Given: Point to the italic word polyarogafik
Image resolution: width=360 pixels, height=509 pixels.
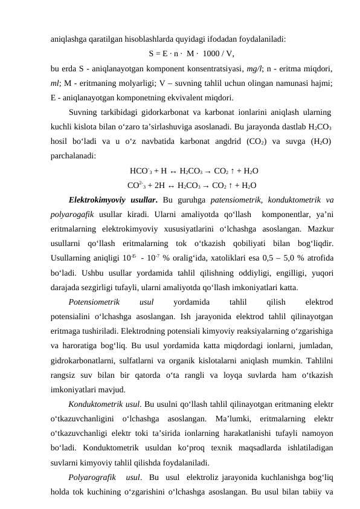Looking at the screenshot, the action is (71, 215).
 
